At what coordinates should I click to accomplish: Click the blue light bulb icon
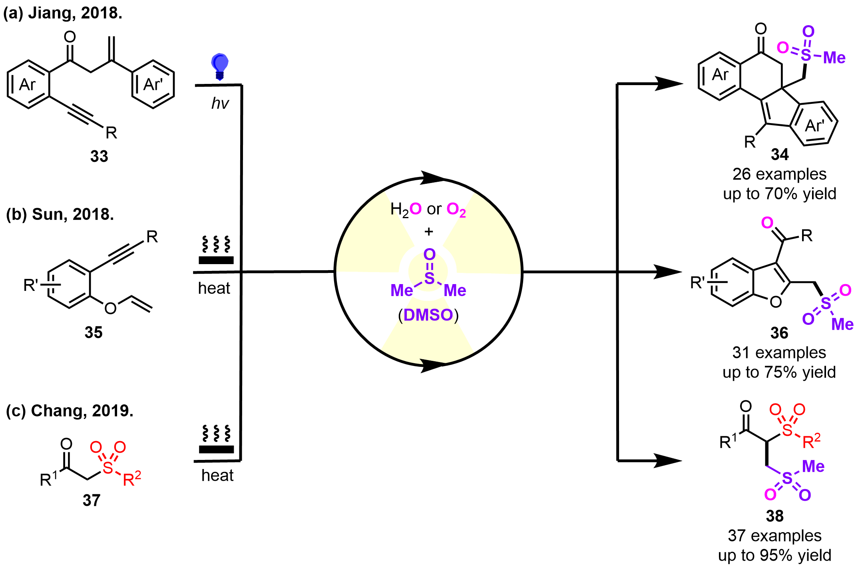[x=219, y=66]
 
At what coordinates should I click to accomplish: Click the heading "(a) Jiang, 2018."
[x=63, y=13]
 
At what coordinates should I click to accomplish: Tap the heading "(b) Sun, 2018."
[x=60, y=215]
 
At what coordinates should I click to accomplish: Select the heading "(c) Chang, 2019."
[x=70, y=411]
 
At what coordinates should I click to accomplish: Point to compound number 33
[x=99, y=156]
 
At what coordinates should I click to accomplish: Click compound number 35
[x=93, y=332]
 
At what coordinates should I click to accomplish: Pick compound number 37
[x=91, y=500]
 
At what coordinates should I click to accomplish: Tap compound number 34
[x=779, y=155]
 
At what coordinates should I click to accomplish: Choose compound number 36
[x=779, y=333]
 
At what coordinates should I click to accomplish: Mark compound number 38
[x=774, y=516]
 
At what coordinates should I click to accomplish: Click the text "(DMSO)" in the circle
[x=428, y=315]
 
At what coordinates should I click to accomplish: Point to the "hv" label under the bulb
[x=220, y=104]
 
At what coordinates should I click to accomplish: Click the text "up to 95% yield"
[x=774, y=555]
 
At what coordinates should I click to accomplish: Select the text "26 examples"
[x=779, y=174]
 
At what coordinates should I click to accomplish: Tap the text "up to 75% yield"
[x=779, y=372]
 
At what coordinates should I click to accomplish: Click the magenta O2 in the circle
[x=456, y=209]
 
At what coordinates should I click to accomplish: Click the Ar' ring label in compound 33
[x=153, y=84]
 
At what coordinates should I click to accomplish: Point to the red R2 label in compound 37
[x=132, y=478]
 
